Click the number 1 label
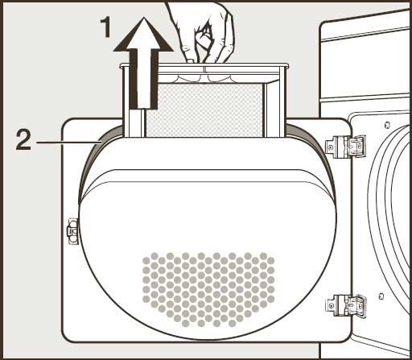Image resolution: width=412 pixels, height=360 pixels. tap(105, 27)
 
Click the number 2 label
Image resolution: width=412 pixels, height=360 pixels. tap(23, 139)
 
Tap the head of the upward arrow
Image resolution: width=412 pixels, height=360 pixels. tap(144, 34)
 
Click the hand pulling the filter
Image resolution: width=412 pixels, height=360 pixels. tap(204, 32)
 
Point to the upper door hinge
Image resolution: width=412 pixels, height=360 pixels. tap(345, 147)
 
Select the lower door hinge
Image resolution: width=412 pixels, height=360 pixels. tap(346, 305)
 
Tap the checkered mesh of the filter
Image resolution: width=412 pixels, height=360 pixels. tap(204, 110)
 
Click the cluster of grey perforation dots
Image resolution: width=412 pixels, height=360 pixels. tap(208, 289)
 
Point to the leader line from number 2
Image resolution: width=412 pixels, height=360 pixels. tap(68, 143)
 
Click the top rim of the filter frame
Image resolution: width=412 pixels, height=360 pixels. tap(204, 65)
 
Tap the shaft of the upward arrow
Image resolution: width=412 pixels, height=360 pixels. tap(144, 79)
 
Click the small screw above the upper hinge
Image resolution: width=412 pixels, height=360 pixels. tap(386, 125)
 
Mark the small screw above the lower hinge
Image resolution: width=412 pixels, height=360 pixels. tap(381, 296)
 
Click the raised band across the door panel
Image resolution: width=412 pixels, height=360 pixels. tap(208, 176)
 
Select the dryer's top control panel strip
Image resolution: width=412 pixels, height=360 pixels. tap(366, 35)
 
